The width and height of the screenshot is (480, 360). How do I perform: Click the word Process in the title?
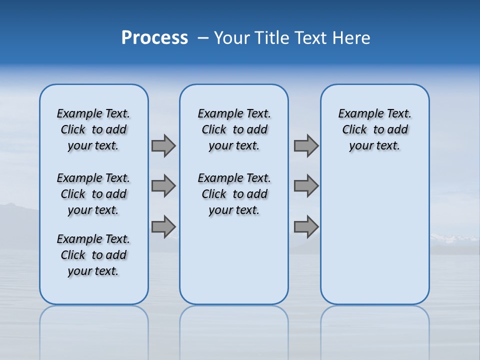point(154,37)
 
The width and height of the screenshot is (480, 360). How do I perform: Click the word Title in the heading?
point(271,38)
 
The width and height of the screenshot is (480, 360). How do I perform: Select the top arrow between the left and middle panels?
point(163,145)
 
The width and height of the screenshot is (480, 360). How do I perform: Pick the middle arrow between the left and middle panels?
point(163,186)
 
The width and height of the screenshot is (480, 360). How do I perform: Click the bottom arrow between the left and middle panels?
point(163,226)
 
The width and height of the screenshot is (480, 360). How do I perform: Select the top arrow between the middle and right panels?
point(306,145)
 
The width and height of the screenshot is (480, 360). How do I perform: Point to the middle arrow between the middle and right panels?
point(306,186)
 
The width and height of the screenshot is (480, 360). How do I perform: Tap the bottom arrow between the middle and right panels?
point(306,226)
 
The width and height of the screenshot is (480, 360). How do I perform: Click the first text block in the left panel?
point(93,129)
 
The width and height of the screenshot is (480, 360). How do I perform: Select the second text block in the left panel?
point(93,194)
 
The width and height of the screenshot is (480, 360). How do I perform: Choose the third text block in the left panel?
point(93,255)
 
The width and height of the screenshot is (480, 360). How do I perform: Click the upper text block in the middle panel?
point(234,129)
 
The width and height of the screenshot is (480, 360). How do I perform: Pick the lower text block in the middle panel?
point(234,194)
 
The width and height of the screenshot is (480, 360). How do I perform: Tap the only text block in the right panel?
point(374,129)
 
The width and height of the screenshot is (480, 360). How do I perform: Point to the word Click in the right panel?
point(354,130)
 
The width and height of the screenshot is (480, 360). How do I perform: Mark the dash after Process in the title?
point(203,38)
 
